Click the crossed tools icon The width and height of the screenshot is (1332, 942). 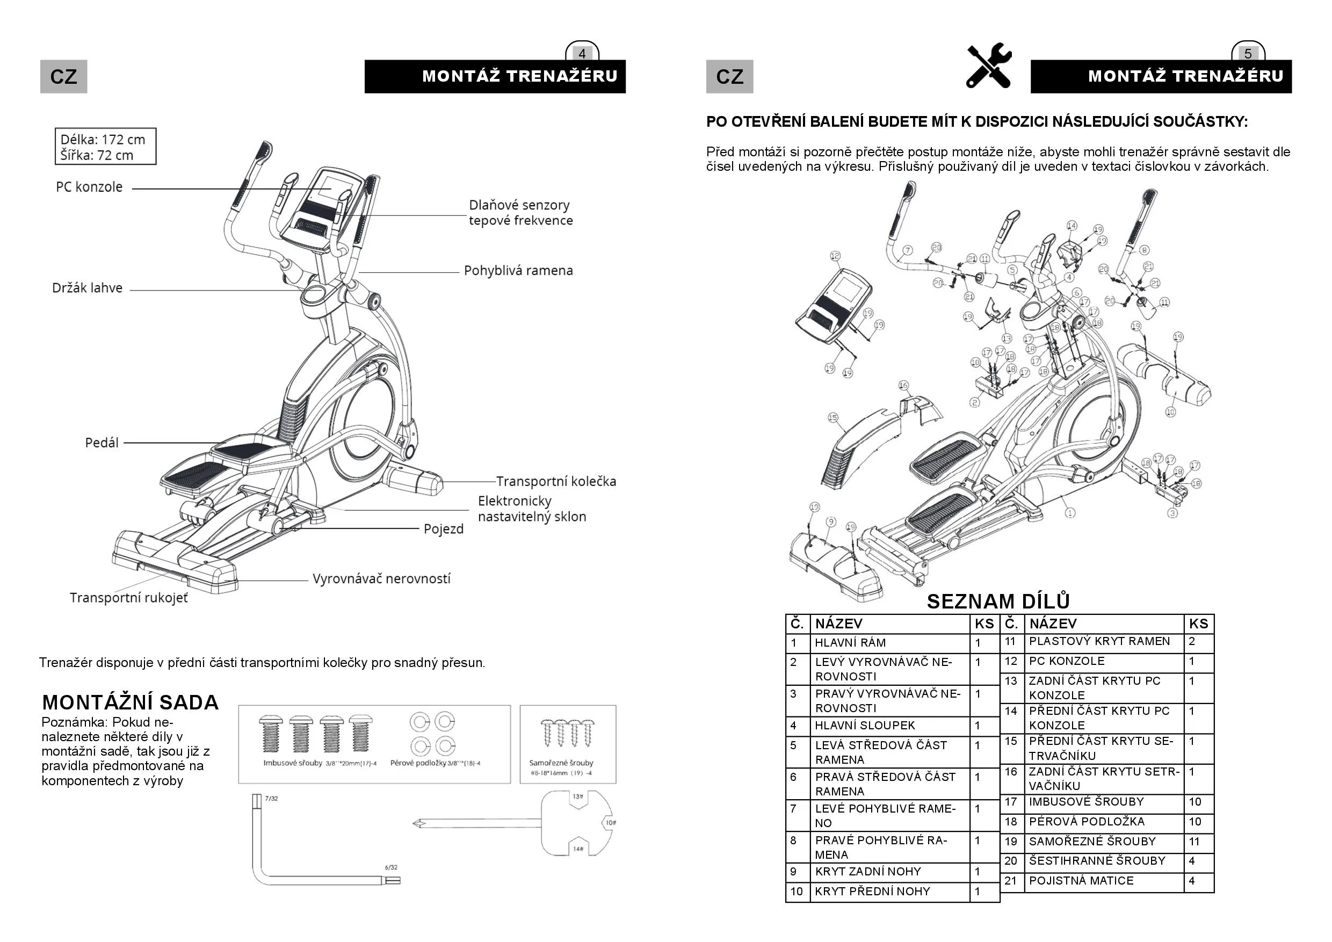pos(989,66)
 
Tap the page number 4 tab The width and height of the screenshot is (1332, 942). pos(582,53)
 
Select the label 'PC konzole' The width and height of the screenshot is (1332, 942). pos(89,187)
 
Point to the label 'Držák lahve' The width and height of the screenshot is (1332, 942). pos(88,288)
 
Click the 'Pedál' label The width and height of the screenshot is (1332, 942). pos(102,443)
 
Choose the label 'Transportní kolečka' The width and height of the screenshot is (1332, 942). pos(556,481)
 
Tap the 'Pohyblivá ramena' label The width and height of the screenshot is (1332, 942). pos(518,271)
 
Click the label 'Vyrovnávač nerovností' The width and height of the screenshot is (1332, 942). pos(381,579)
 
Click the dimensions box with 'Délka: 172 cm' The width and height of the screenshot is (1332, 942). pos(106,147)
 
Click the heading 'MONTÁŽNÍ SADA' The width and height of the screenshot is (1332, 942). pos(131,702)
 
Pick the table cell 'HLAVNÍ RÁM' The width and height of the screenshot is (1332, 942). pos(850,643)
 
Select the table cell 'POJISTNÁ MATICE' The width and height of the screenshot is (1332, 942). pos(1081,881)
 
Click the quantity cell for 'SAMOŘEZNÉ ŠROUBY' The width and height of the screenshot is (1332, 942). pos(1197,842)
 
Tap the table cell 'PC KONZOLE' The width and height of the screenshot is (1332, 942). pos(1066,661)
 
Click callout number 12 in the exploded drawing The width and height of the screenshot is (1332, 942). pos(835,256)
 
